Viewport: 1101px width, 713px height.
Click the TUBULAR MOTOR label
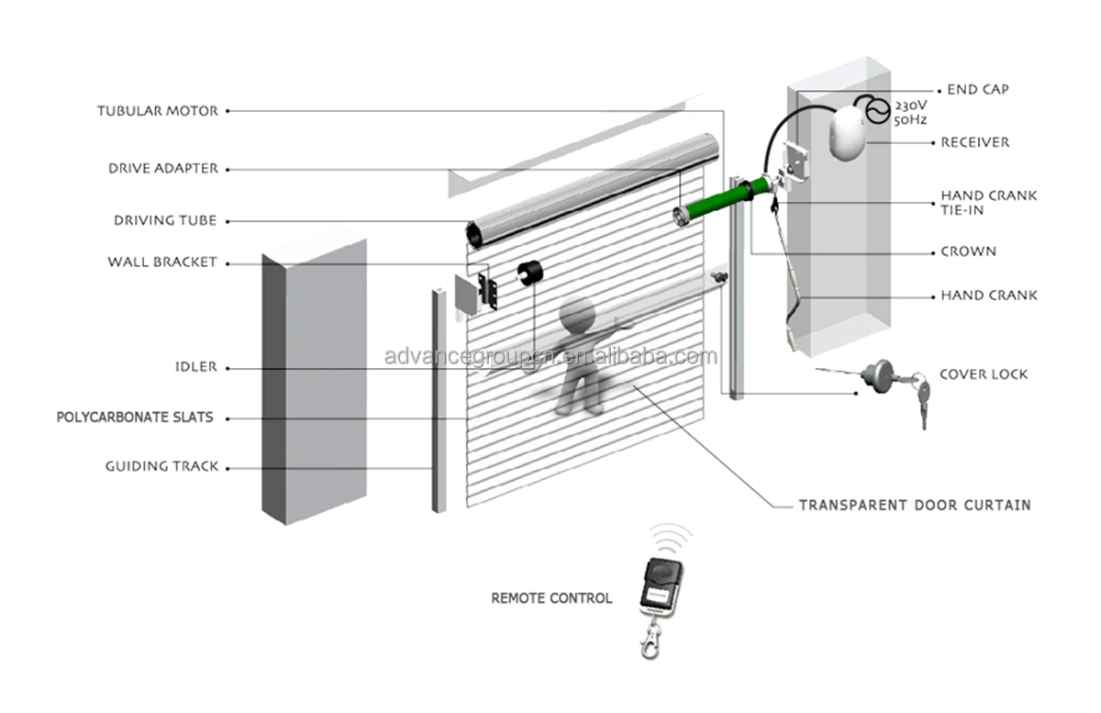(158, 111)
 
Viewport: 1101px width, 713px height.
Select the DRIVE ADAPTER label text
(163, 169)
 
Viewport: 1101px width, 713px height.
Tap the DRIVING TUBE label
(165, 221)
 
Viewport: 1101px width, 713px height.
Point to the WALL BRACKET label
(162, 262)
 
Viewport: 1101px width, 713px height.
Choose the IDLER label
(195, 367)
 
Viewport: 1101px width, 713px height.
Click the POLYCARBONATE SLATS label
(135, 418)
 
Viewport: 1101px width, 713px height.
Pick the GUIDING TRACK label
(161, 467)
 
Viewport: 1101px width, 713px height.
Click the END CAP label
(976, 90)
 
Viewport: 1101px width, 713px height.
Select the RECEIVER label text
(975, 142)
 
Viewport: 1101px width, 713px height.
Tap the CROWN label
(968, 251)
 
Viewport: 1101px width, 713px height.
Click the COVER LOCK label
(984, 374)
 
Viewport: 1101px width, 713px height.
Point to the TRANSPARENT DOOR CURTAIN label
(914, 505)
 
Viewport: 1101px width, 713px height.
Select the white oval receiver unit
(847, 134)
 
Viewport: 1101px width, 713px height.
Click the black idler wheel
(528, 276)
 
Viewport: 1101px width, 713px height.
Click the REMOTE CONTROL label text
(551, 598)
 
